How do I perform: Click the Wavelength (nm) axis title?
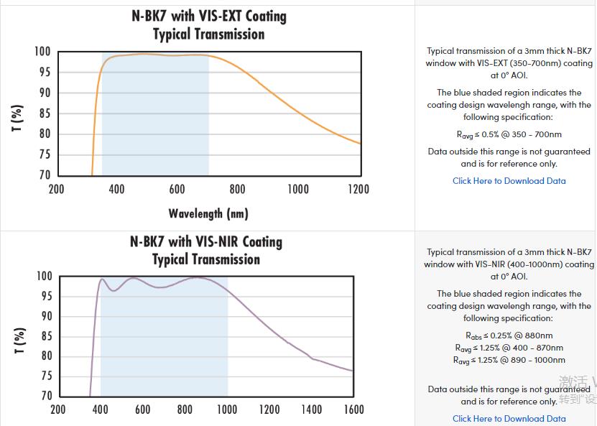(208, 213)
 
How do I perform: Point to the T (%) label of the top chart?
(18, 118)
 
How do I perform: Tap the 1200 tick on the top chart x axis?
(357, 189)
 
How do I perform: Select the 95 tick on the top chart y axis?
(44, 72)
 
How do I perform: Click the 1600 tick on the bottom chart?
(353, 409)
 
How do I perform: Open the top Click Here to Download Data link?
(509, 181)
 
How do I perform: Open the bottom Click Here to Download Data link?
(509, 419)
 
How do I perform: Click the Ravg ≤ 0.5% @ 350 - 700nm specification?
(509, 134)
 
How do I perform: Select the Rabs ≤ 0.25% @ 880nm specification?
(509, 335)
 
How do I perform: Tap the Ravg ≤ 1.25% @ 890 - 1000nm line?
(509, 360)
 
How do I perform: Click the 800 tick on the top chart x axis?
(237, 189)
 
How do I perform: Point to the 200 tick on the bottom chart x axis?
(58, 409)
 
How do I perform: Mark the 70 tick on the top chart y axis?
(44, 175)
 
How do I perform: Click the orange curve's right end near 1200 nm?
(358, 143)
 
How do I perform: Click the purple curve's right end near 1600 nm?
(351, 371)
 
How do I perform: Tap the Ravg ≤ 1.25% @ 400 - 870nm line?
(509, 348)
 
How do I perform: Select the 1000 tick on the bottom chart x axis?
(226, 409)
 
